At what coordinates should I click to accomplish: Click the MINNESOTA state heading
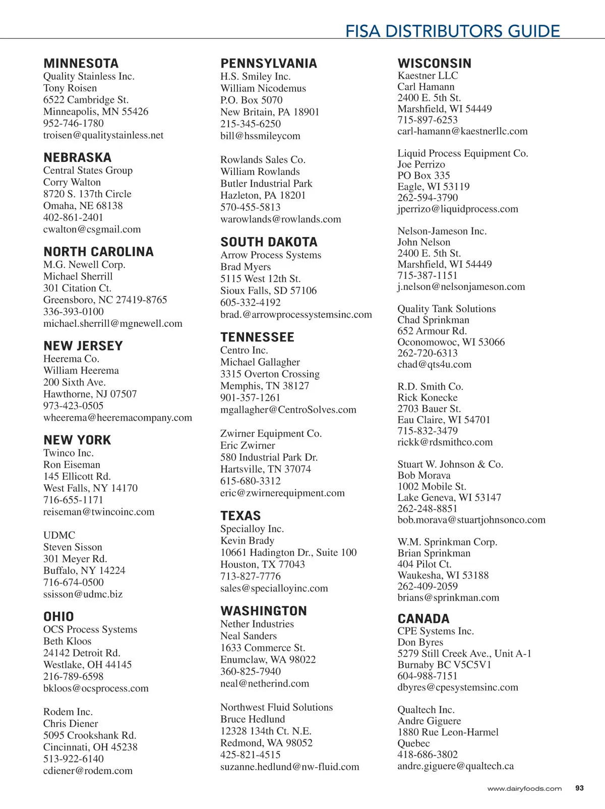pyautogui.click(x=81, y=64)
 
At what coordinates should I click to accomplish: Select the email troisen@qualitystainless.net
pyautogui.click(x=103, y=135)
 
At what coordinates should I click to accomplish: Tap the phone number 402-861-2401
pyautogui.click(x=73, y=217)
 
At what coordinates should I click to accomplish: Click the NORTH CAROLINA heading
pyautogui.click(x=98, y=252)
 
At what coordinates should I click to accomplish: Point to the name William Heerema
pyautogui.click(x=81, y=370)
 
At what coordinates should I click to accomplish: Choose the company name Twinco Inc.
pyautogui.click(x=69, y=453)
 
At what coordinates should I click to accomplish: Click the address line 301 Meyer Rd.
pyautogui.click(x=75, y=559)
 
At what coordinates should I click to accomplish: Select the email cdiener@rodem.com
pyautogui.click(x=88, y=771)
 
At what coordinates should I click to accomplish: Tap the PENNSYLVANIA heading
pyautogui.click(x=269, y=64)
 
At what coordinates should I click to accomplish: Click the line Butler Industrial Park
pyautogui.click(x=266, y=184)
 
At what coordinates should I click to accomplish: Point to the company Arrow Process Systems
pyautogui.click(x=271, y=255)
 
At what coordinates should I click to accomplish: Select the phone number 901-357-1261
pyautogui.click(x=250, y=397)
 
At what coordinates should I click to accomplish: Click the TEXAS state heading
pyautogui.click(x=240, y=516)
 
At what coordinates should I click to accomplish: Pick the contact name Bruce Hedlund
pyautogui.click(x=253, y=719)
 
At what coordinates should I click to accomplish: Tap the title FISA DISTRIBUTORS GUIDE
pyautogui.click(x=452, y=31)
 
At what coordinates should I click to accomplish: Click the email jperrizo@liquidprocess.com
pyautogui.click(x=458, y=209)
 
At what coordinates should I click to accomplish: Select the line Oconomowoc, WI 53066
pyautogui.click(x=451, y=342)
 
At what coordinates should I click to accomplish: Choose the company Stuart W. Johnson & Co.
pyautogui.click(x=450, y=464)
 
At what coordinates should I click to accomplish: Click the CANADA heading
pyautogui.click(x=423, y=619)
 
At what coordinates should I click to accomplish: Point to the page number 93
pyautogui.click(x=579, y=788)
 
